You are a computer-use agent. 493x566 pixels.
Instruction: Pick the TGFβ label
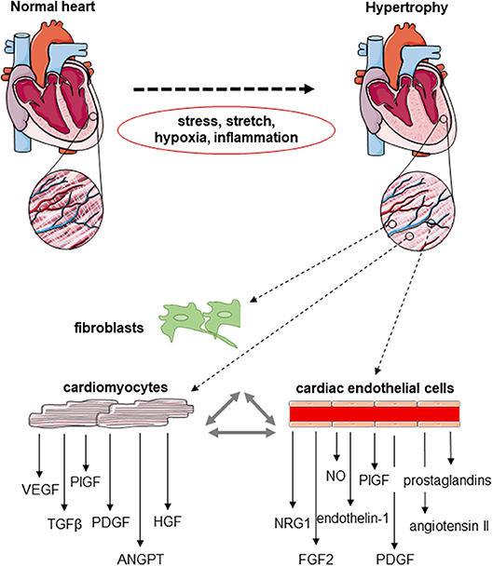(x=65, y=499)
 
